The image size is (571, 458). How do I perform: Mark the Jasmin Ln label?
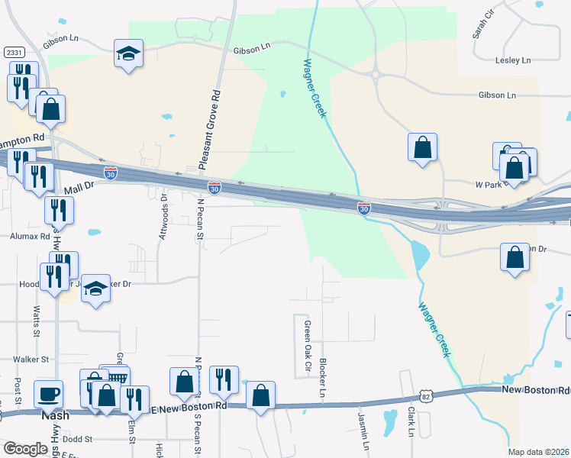[363, 431]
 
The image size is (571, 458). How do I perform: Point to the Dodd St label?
[77, 439]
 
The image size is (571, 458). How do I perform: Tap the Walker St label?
[32, 358]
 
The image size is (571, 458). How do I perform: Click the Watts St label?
[37, 322]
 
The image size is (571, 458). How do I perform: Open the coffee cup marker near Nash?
[49, 395]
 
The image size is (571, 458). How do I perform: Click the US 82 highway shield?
[425, 395]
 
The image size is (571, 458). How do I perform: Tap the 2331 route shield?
[13, 52]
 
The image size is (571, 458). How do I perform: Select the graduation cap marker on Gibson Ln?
[128, 53]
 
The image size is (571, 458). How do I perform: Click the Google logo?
[26, 449]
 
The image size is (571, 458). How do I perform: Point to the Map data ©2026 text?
[538, 452]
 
